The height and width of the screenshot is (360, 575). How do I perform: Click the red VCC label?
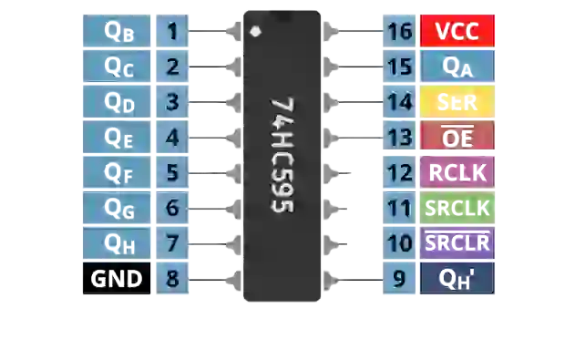(x=457, y=32)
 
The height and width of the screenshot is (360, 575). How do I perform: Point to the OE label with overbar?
(x=457, y=138)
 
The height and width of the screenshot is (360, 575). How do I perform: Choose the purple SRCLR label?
(x=457, y=243)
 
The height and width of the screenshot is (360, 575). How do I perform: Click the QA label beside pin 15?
(x=457, y=67)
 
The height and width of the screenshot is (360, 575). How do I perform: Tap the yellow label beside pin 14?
(x=457, y=102)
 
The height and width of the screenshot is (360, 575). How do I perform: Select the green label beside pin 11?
(x=457, y=208)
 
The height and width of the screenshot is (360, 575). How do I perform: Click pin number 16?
(x=399, y=32)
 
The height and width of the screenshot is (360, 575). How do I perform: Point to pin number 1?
(x=171, y=32)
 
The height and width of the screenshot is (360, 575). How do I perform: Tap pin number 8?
(x=171, y=279)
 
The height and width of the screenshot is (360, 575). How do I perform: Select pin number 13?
(x=399, y=138)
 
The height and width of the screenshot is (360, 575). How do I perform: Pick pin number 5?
(x=171, y=172)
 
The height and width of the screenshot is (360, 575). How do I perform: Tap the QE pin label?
(x=118, y=138)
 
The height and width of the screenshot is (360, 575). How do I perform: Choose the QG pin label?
(x=118, y=208)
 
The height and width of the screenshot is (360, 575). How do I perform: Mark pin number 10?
(x=399, y=243)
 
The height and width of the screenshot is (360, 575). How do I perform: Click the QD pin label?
(x=118, y=102)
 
